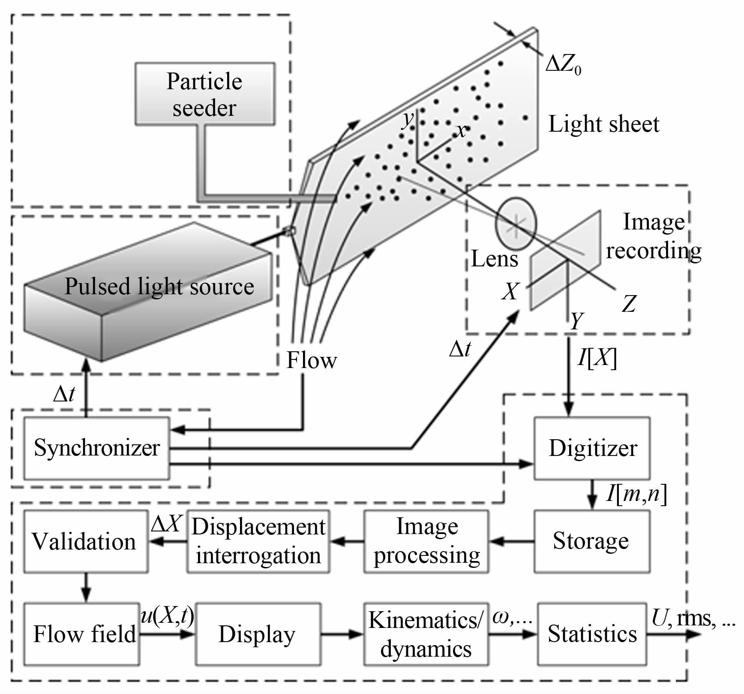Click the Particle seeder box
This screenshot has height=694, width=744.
click(x=205, y=94)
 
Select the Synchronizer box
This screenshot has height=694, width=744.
click(x=96, y=448)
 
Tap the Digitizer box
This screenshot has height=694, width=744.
click(x=592, y=448)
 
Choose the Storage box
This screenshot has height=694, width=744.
click(x=591, y=541)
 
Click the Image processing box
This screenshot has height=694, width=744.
click(x=426, y=541)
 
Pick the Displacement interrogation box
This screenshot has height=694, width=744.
click(x=258, y=541)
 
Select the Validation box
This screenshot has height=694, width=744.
click(x=85, y=541)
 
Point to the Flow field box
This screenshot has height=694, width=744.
click(x=81, y=634)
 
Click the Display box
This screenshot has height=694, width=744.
click(x=258, y=634)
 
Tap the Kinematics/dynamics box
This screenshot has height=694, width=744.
click(x=426, y=634)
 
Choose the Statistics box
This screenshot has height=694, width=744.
click(x=592, y=634)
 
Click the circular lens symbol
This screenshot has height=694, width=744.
click(x=516, y=223)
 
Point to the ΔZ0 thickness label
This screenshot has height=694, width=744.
click(x=563, y=66)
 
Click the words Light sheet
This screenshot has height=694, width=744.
click(x=603, y=124)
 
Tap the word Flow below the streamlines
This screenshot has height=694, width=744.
click(x=312, y=360)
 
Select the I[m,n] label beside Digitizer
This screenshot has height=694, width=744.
click(x=636, y=494)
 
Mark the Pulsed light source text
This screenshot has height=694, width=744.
click(x=159, y=287)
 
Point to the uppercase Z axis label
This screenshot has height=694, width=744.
click(x=629, y=304)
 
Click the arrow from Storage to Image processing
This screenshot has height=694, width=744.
click(x=512, y=542)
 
